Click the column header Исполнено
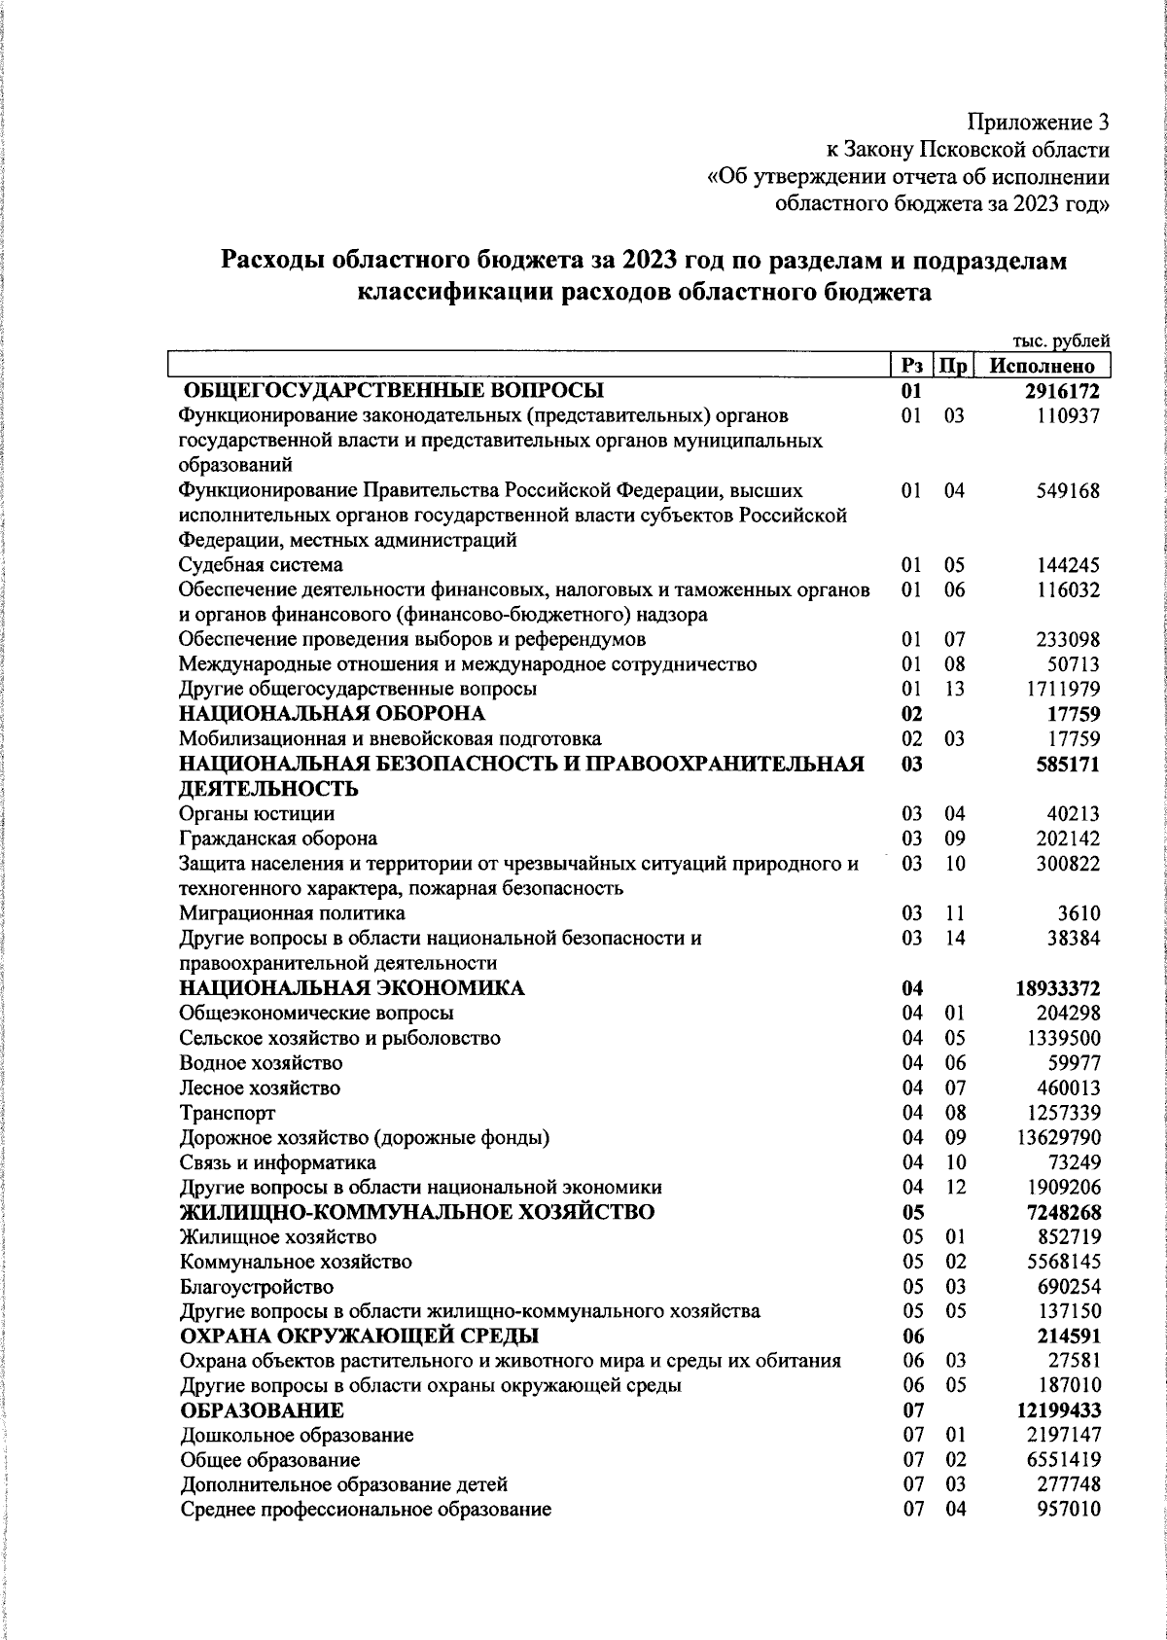click(x=1042, y=366)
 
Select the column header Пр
click(x=953, y=366)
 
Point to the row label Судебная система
click(x=261, y=565)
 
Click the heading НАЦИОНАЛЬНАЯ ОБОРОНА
click(x=332, y=714)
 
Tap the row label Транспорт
click(x=228, y=1113)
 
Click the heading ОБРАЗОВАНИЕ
click(x=262, y=1410)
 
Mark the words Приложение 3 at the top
click(x=1038, y=123)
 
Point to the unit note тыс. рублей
click(x=1061, y=340)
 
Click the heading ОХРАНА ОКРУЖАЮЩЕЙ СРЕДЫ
click(x=360, y=1336)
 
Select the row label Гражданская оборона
click(x=278, y=838)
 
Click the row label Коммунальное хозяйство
click(x=296, y=1263)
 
